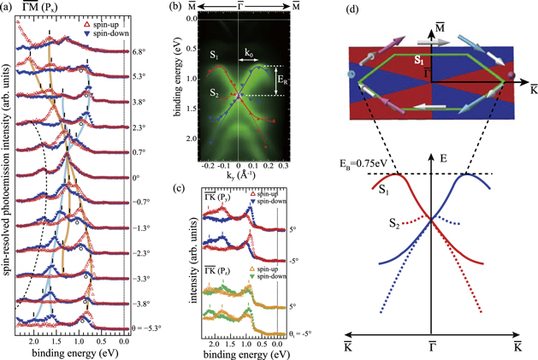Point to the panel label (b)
(177, 9)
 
